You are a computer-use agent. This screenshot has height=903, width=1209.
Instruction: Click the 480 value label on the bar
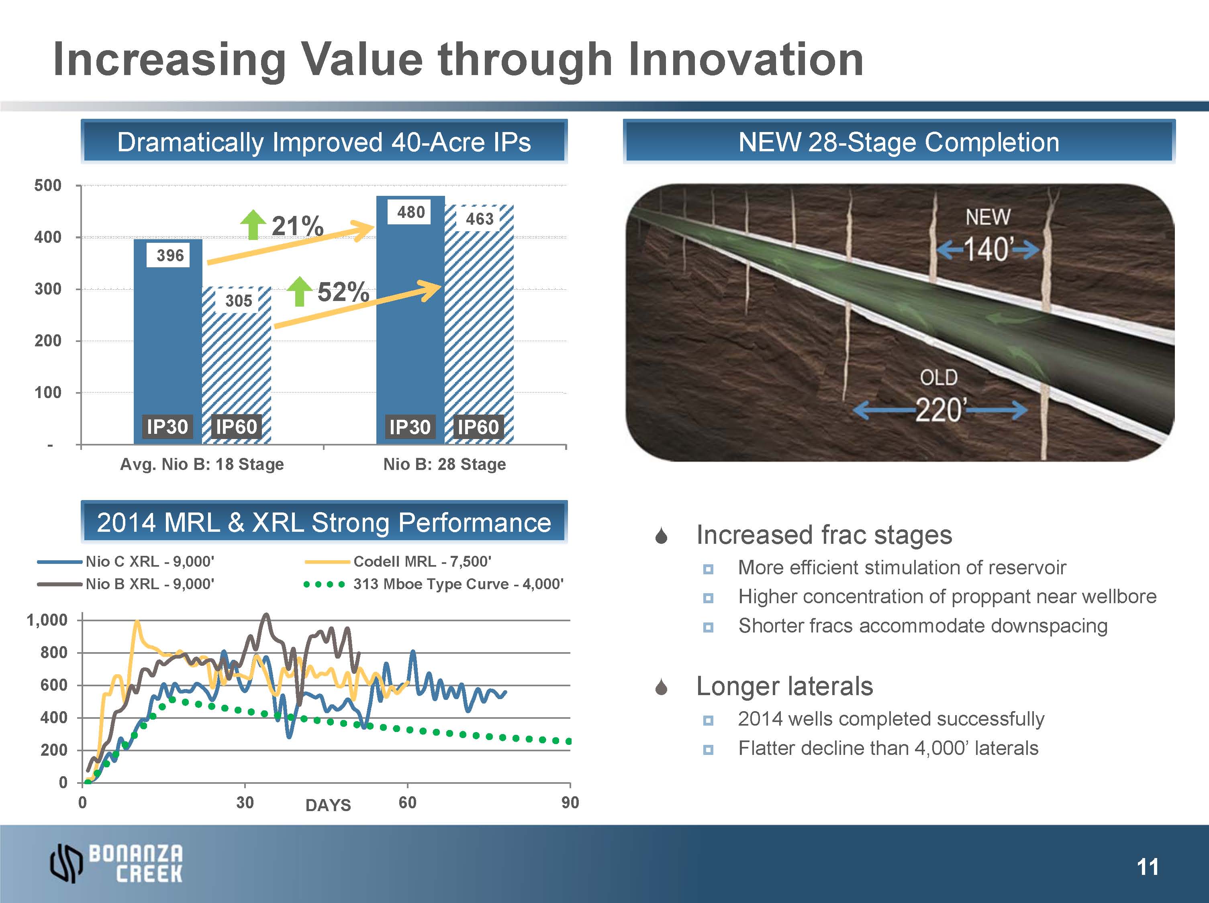tap(410, 212)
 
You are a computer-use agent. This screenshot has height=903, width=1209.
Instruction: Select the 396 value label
tap(170, 255)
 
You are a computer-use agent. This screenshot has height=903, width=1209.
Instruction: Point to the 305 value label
tap(239, 301)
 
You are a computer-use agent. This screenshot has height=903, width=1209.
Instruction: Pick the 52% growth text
tap(343, 292)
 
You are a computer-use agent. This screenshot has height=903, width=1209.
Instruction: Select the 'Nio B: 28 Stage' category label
tap(444, 464)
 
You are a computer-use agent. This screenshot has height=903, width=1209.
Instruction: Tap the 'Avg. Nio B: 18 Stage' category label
tap(202, 464)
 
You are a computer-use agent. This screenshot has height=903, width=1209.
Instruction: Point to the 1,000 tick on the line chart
tap(47, 620)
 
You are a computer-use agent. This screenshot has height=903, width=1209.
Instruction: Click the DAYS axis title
tap(328, 805)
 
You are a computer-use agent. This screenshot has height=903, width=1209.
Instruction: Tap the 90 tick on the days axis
tap(570, 803)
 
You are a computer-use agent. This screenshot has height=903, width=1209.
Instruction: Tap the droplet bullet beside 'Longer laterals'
tap(662, 687)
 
